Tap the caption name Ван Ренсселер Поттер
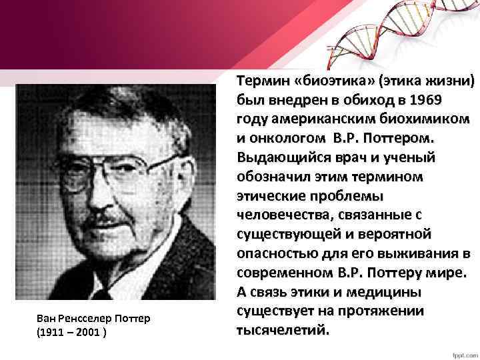coord(93,319)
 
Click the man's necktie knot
coord(102,294)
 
